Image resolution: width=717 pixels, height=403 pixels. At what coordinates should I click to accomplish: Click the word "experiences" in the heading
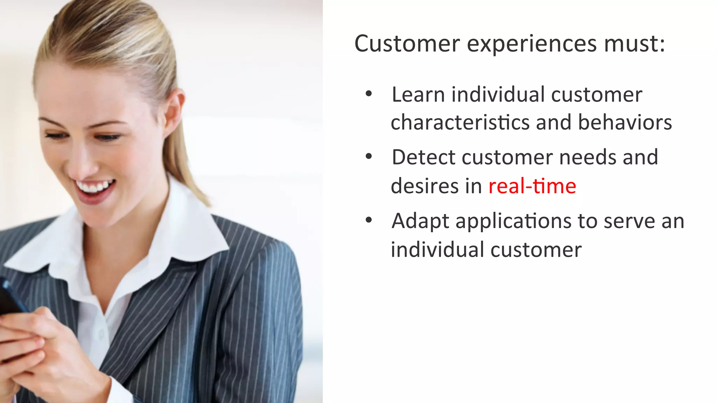[x=532, y=44]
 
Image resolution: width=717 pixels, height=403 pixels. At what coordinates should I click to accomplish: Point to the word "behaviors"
[x=625, y=122]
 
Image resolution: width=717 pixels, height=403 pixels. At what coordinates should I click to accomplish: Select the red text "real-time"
[x=532, y=186]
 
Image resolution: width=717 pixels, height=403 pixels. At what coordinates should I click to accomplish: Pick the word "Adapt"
[x=420, y=221]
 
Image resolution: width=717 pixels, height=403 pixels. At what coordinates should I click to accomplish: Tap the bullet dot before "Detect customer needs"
[x=368, y=156]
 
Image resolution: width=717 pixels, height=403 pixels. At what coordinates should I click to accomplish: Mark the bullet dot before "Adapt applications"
[x=368, y=220]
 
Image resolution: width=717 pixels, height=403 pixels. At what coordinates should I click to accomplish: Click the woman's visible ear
[x=174, y=112]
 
